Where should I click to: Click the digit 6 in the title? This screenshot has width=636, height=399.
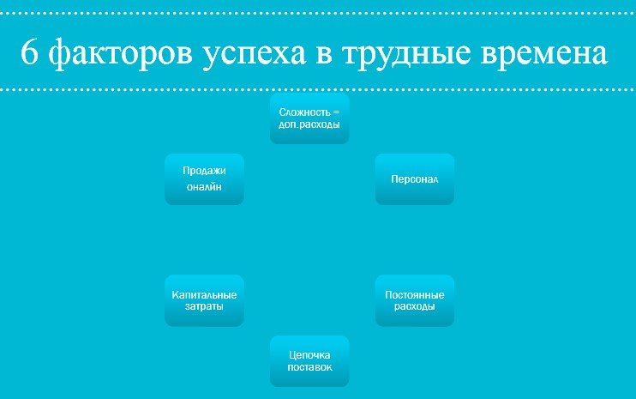click(x=29, y=51)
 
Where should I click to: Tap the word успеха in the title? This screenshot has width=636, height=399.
click(x=254, y=55)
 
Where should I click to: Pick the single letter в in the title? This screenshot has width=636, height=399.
click(x=324, y=55)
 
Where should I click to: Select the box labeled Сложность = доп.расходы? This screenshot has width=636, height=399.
click(x=309, y=118)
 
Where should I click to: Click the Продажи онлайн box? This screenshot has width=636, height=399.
click(x=204, y=179)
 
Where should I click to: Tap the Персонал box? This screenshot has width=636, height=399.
click(x=415, y=179)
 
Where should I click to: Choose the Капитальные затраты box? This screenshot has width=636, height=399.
click(x=204, y=300)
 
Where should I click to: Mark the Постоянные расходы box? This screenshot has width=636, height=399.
click(x=415, y=300)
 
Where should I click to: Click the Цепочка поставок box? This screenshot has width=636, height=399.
click(x=309, y=361)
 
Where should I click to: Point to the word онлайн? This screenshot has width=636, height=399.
click(x=204, y=187)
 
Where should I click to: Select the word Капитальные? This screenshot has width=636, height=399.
click(x=204, y=294)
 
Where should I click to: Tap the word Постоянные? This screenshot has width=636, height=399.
click(x=415, y=294)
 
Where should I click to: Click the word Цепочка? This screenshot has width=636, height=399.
click(x=309, y=355)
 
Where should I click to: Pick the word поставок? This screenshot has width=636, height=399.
click(x=309, y=367)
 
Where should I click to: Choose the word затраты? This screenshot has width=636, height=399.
click(x=204, y=306)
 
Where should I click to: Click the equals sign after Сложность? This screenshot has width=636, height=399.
click(x=336, y=112)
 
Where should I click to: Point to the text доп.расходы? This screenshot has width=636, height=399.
click(x=309, y=124)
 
